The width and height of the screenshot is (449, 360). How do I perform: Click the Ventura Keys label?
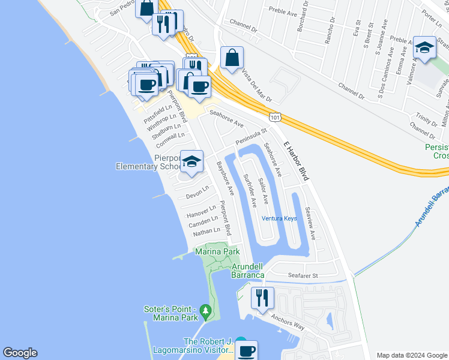point(279,218)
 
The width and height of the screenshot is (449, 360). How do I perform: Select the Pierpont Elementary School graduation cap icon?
point(191,162)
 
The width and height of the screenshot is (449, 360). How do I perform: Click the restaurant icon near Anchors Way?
point(262,298)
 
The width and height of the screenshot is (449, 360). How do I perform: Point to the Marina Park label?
point(217,252)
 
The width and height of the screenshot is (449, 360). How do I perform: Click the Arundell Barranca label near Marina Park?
point(247,271)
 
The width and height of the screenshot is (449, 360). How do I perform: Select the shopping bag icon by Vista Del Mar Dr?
point(232,58)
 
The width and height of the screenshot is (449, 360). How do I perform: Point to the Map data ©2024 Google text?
point(411,355)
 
